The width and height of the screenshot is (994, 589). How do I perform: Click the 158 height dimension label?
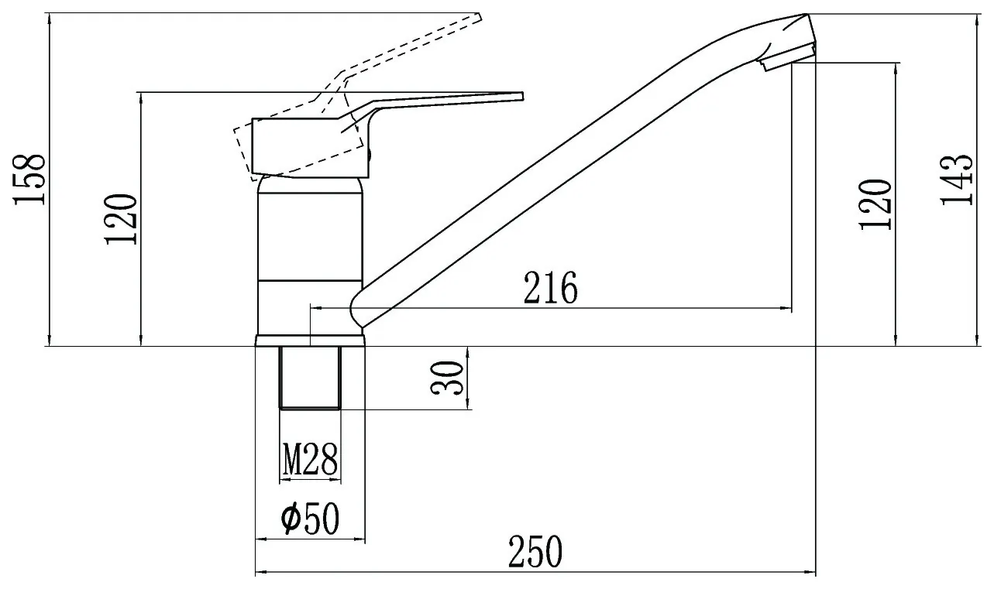(x=29, y=180)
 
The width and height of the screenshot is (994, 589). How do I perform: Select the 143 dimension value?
(x=957, y=180)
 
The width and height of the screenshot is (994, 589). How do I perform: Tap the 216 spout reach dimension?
(x=551, y=288)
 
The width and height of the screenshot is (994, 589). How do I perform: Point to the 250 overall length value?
(x=535, y=551)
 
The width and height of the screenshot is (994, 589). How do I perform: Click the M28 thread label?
(x=310, y=459)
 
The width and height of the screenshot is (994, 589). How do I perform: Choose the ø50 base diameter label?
(x=310, y=518)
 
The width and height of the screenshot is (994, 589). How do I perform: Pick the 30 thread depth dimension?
(x=447, y=378)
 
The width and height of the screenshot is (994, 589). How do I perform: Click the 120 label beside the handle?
(x=120, y=219)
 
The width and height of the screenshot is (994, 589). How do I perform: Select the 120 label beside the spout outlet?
(x=875, y=204)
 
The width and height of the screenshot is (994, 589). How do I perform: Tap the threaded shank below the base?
(x=310, y=377)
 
